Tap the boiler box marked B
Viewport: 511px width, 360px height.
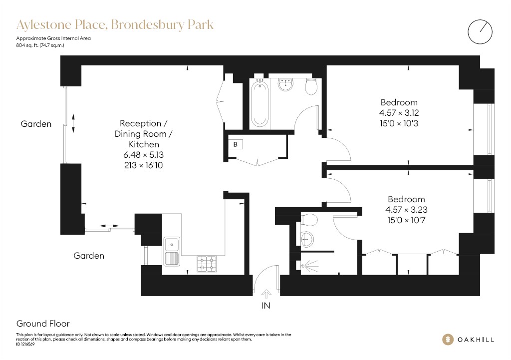coord(236,144)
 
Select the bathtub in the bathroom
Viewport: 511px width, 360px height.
coord(259,104)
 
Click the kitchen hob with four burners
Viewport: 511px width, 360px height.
coord(207,264)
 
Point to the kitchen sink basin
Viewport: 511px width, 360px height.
coord(172,244)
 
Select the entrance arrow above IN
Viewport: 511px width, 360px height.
coord(266,294)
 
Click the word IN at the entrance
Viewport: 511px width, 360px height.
coord(265,306)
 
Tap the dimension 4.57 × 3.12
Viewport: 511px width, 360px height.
coord(399,113)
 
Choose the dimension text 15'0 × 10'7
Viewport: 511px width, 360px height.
coord(406,220)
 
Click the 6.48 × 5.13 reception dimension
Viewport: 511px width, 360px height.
coord(143,155)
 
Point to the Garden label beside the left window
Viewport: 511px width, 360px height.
coord(36,124)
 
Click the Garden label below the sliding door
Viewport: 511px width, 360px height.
coord(89,256)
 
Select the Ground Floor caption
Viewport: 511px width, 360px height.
coord(43,324)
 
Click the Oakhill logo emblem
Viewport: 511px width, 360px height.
coord(448,340)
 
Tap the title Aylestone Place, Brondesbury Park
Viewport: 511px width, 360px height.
coord(115,25)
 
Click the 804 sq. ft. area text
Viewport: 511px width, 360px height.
coord(40,45)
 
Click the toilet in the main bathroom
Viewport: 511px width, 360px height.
coord(311,86)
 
